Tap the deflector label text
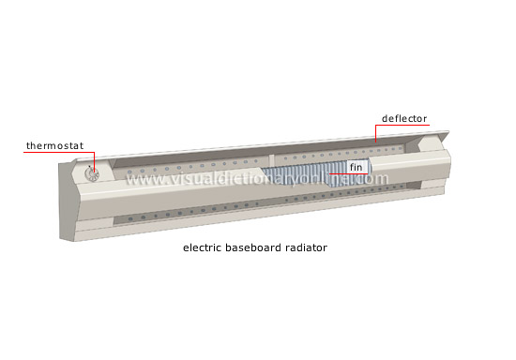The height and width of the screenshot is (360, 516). (404, 119)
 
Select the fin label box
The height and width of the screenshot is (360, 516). (356, 167)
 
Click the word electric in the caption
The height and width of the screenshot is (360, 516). (202, 248)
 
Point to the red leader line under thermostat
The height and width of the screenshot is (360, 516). (56, 153)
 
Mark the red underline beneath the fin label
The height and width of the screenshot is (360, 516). (356, 173)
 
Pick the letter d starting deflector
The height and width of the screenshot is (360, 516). (384, 119)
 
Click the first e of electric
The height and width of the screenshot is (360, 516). (185, 248)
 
